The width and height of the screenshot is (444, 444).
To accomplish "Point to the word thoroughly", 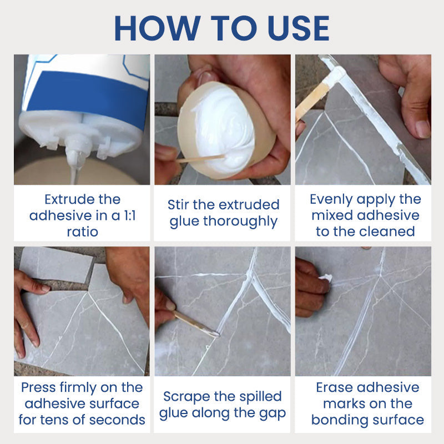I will (240, 221).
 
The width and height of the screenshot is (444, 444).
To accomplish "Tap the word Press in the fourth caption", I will (40, 387).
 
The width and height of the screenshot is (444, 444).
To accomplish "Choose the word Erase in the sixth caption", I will (337, 387).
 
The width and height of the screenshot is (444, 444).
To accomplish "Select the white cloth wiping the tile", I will (325, 277).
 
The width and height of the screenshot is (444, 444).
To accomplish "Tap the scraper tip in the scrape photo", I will (214, 333).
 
